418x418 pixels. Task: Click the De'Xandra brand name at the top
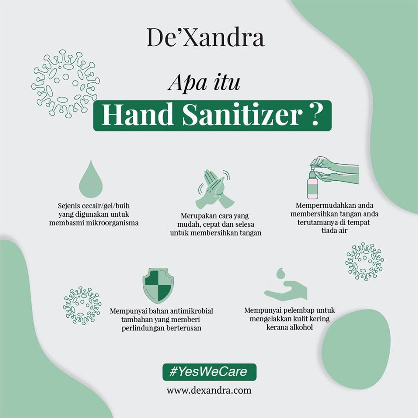pos(205,37)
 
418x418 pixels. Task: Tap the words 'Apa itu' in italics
pos(204,83)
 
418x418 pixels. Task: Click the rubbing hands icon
pos(214,189)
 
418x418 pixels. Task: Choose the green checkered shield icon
pos(158,285)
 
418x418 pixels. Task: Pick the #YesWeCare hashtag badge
pos(209,371)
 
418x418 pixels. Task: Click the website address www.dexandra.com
pos(209,391)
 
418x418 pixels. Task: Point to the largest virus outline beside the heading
pos(66,84)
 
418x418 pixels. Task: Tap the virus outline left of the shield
pos(82,306)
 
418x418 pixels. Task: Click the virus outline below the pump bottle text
pos(365,262)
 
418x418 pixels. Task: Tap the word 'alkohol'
pos(300,327)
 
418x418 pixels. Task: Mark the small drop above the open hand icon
pos(281,273)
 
